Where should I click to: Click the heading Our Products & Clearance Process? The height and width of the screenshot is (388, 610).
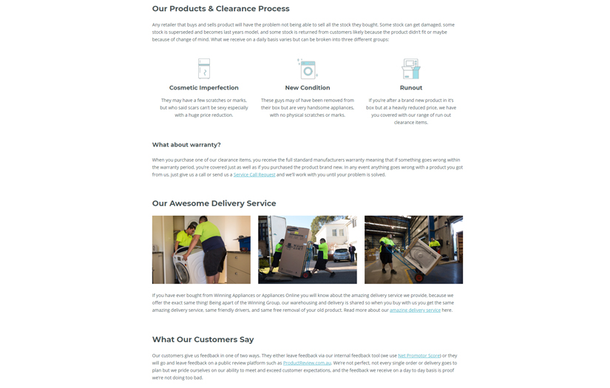220,9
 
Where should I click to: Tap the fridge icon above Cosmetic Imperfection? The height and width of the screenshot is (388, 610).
204,69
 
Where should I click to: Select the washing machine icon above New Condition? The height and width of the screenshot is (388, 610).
307,69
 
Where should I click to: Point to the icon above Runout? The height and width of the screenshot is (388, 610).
410,69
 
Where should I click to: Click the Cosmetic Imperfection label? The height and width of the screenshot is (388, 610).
204,88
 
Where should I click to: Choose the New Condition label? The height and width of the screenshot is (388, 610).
308,88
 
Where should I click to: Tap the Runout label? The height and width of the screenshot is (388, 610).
411,88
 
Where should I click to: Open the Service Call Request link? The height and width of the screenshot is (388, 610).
254,175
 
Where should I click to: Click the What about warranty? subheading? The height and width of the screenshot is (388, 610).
186,145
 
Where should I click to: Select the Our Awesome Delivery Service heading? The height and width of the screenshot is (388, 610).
214,203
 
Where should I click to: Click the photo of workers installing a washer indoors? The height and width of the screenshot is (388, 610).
201,250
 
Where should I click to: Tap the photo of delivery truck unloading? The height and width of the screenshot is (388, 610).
308,250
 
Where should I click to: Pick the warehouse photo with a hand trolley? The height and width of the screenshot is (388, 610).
413,250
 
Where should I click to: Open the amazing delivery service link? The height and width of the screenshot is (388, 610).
415,310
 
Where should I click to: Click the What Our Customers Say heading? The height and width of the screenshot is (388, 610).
203,339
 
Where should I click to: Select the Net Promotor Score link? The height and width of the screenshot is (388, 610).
419,355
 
